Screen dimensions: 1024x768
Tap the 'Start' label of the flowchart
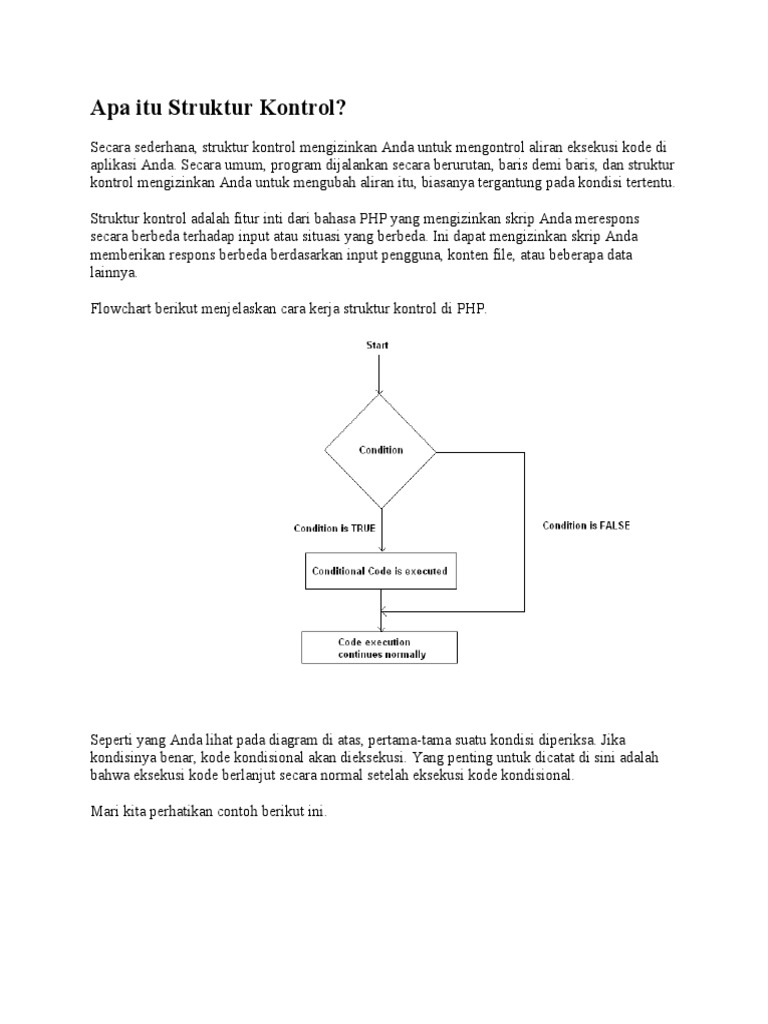[378, 345]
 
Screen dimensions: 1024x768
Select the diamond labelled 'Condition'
[380, 450]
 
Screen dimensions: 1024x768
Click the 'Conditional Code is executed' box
[379, 572]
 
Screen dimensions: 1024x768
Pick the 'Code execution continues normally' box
[379, 647]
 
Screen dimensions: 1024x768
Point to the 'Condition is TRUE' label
[334, 528]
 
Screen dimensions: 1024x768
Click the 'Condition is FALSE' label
[586, 525]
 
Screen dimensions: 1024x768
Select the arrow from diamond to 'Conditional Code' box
[380, 530]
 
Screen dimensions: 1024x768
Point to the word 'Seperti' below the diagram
[112, 740]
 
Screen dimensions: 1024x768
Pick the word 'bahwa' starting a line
[109, 776]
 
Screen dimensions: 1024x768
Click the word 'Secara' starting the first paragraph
[110, 148]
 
